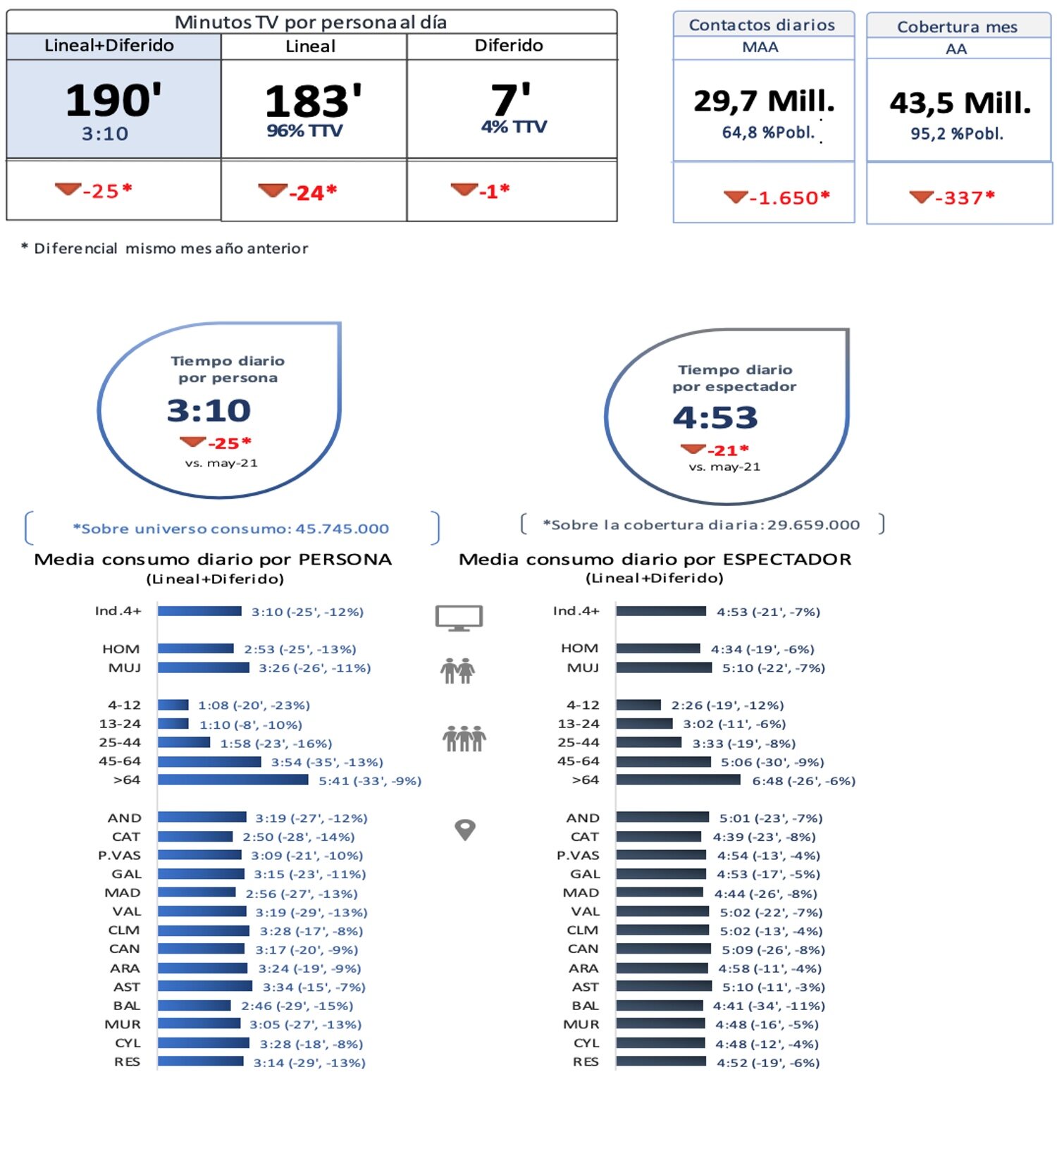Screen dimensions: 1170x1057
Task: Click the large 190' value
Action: (x=113, y=100)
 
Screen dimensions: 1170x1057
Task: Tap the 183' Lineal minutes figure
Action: (x=313, y=101)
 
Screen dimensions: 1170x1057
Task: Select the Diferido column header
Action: (x=509, y=46)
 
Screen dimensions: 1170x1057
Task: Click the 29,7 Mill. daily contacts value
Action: (x=764, y=101)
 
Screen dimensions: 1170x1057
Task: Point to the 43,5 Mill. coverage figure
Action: (x=960, y=104)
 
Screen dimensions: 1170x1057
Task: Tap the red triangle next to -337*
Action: (x=921, y=197)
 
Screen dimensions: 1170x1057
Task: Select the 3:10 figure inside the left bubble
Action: (x=209, y=410)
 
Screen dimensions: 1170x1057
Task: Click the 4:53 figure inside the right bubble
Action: (x=715, y=417)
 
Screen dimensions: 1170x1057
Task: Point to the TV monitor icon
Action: (x=459, y=617)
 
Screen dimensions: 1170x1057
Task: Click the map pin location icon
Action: (x=464, y=830)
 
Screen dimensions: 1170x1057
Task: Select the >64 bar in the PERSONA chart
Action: (x=233, y=780)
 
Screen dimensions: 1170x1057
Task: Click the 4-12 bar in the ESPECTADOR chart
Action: (x=638, y=705)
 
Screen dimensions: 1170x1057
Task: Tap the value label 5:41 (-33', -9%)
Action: (x=369, y=781)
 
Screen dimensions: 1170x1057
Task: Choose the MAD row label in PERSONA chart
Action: (x=123, y=893)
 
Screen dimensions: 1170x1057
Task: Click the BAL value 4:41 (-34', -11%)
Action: (x=768, y=1006)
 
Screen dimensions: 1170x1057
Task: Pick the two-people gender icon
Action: (x=457, y=670)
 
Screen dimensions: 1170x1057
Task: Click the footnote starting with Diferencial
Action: (x=170, y=248)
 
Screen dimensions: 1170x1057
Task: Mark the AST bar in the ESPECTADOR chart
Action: (x=663, y=986)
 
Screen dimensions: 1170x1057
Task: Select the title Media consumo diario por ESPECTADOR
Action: (x=654, y=560)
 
